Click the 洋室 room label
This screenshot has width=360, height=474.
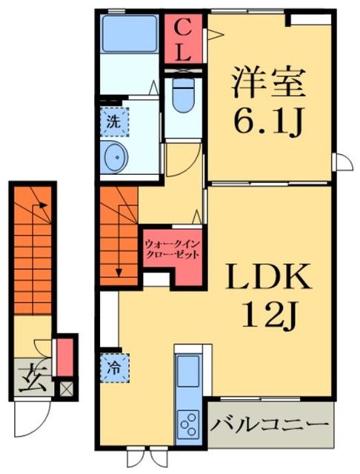click(x=269, y=83)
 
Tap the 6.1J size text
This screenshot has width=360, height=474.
click(x=269, y=123)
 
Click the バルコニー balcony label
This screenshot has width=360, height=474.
click(x=268, y=426)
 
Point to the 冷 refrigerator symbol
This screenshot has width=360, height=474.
click(x=116, y=366)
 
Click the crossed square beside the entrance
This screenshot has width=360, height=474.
click(x=67, y=386)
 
